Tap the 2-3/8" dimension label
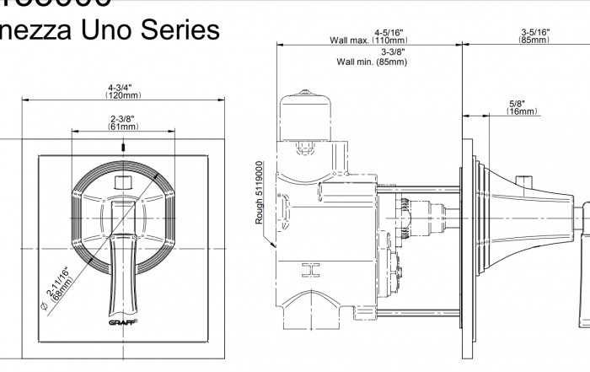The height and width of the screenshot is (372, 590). click(122, 118)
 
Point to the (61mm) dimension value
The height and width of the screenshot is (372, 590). click(122, 127)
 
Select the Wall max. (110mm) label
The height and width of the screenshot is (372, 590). click(367, 40)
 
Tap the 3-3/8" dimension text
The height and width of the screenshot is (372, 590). click(369, 52)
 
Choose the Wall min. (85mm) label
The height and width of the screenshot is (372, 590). click(367, 62)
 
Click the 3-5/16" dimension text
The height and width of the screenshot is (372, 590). click(535, 32)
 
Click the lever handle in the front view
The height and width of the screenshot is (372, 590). click(123, 253)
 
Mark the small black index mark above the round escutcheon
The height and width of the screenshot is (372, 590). click(123, 147)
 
